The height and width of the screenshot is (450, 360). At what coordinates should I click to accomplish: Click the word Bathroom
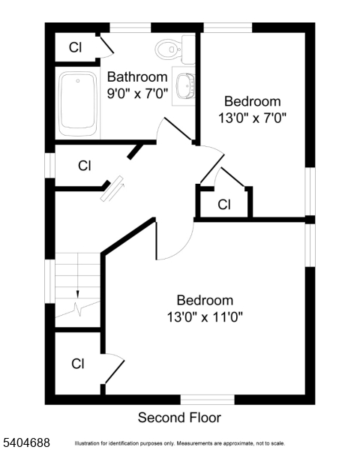(136, 76)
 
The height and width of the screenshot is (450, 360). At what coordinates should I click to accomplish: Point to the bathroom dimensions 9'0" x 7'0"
(136, 94)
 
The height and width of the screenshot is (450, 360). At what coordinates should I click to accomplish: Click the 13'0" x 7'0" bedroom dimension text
(253, 118)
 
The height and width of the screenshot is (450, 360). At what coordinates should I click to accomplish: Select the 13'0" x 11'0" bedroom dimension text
(205, 317)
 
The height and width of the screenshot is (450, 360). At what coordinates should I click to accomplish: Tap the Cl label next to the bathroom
(75, 47)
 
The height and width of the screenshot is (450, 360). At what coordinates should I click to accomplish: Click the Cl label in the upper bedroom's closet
(223, 204)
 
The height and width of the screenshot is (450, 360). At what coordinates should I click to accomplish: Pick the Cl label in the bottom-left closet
(77, 364)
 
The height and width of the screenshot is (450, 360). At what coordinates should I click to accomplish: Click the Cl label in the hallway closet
(84, 166)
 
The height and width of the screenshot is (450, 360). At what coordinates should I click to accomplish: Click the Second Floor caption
(180, 418)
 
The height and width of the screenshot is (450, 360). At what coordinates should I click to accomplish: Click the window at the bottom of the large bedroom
(207, 399)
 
